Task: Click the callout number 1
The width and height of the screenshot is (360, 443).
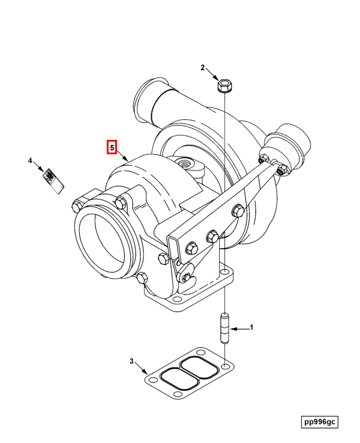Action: coord(252,328)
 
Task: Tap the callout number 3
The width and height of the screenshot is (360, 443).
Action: coord(131,361)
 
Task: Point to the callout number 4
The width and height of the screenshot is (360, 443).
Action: coord(29,160)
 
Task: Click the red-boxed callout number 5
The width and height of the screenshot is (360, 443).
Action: coord(112,147)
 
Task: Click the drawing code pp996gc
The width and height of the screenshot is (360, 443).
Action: coord(320,422)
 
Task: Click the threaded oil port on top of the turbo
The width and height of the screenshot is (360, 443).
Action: coord(184,163)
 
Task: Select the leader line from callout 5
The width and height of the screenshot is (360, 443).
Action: coord(123,155)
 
